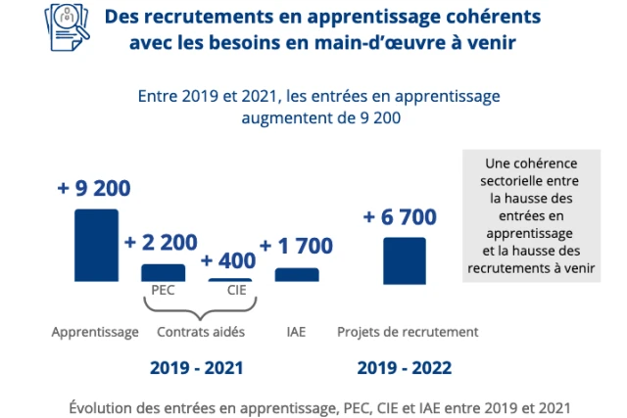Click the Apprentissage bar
(96, 246)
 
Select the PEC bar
(163, 273)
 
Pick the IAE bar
(297, 275)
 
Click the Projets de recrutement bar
(404, 260)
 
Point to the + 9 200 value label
(94, 188)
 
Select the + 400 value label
(228, 261)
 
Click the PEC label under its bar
(163, 291)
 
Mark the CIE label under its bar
(236, 291)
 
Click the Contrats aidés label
(201, 332)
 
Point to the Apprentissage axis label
(95, 332)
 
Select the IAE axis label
(296, 332)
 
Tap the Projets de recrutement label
(408, 332)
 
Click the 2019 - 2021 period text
(196, 368)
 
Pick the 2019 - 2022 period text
(405, 368)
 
